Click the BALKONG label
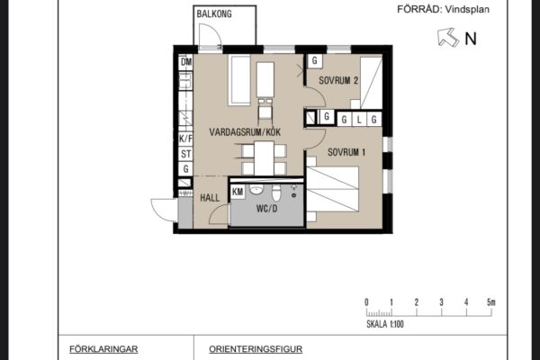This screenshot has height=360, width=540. coord(214,14)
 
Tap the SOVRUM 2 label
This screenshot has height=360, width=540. coord(338,81)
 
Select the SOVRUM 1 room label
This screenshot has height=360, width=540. coord(346,152)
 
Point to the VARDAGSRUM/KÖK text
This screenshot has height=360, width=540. coord(245,132)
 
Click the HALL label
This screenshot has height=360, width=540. coord(210,198)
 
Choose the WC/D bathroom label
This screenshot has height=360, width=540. coord(267,209)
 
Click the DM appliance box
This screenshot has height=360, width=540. coord(186,62)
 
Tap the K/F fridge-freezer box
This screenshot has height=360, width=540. coord(185,139)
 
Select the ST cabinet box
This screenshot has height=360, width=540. coord(186,154)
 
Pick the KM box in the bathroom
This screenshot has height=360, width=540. coord(238,192)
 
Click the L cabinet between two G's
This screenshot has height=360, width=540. coord(359,120)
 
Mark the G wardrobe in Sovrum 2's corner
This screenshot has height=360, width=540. coord(315,61)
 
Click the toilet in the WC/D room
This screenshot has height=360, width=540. coord(276,193)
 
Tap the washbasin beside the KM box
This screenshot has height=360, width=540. coord(256,190)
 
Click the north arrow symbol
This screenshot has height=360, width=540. coord(447,37)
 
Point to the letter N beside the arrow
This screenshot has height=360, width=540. coord(471,39)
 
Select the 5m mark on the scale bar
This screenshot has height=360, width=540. coord(490,302)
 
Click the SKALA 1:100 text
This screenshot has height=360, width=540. coord(385,324)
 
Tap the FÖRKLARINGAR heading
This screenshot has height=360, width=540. coord(103,349)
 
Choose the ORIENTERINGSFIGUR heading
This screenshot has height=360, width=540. coord(256,349)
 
